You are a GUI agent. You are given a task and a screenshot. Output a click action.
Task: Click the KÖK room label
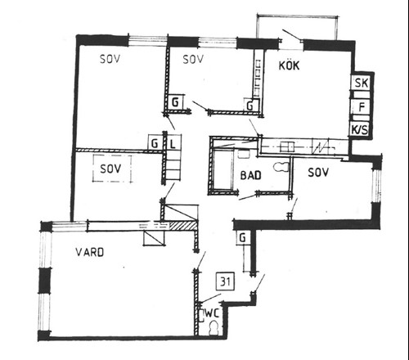pos(289,65)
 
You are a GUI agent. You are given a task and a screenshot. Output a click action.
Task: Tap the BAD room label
pos(251,175)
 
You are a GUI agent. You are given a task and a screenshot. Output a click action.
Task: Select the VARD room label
pos(90,252)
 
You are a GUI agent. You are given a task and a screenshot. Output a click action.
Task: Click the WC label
pos(212,313)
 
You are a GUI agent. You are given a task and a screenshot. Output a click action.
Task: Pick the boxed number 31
pos(225,281)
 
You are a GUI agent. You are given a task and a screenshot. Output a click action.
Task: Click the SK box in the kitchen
pos(361,83)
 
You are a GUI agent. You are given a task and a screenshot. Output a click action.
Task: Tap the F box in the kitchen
pos(361,106)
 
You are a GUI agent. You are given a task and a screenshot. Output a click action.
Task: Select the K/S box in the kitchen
pos(360,129)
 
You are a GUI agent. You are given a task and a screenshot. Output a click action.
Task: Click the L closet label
pos(173,143)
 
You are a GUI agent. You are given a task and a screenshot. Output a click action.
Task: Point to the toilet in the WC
pos(213,328)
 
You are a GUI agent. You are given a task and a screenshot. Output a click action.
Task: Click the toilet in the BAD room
pos(281,167)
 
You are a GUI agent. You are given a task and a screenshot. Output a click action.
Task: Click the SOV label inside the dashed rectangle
pos(110,169)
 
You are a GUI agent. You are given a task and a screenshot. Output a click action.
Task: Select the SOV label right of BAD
pos(318,173)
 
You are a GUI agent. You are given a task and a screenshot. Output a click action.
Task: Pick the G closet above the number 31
pos(243,238)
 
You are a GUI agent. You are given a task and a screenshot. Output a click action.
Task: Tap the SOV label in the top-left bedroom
pos(110,59)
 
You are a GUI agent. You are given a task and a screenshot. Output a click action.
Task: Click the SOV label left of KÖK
pos(193,59)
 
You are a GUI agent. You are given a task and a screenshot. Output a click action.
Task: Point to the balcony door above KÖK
pos(292,36)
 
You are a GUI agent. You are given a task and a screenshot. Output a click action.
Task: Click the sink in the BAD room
pos(243,153)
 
